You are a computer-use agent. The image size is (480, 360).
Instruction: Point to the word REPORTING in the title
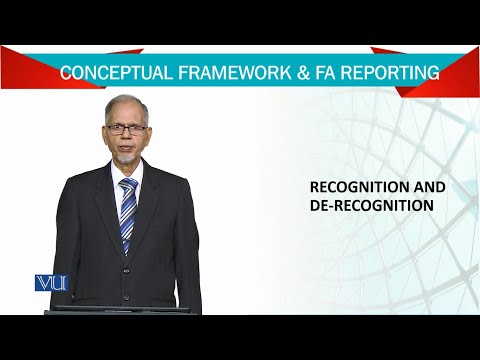[385, 73]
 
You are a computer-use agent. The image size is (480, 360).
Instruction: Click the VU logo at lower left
[50, 283]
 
